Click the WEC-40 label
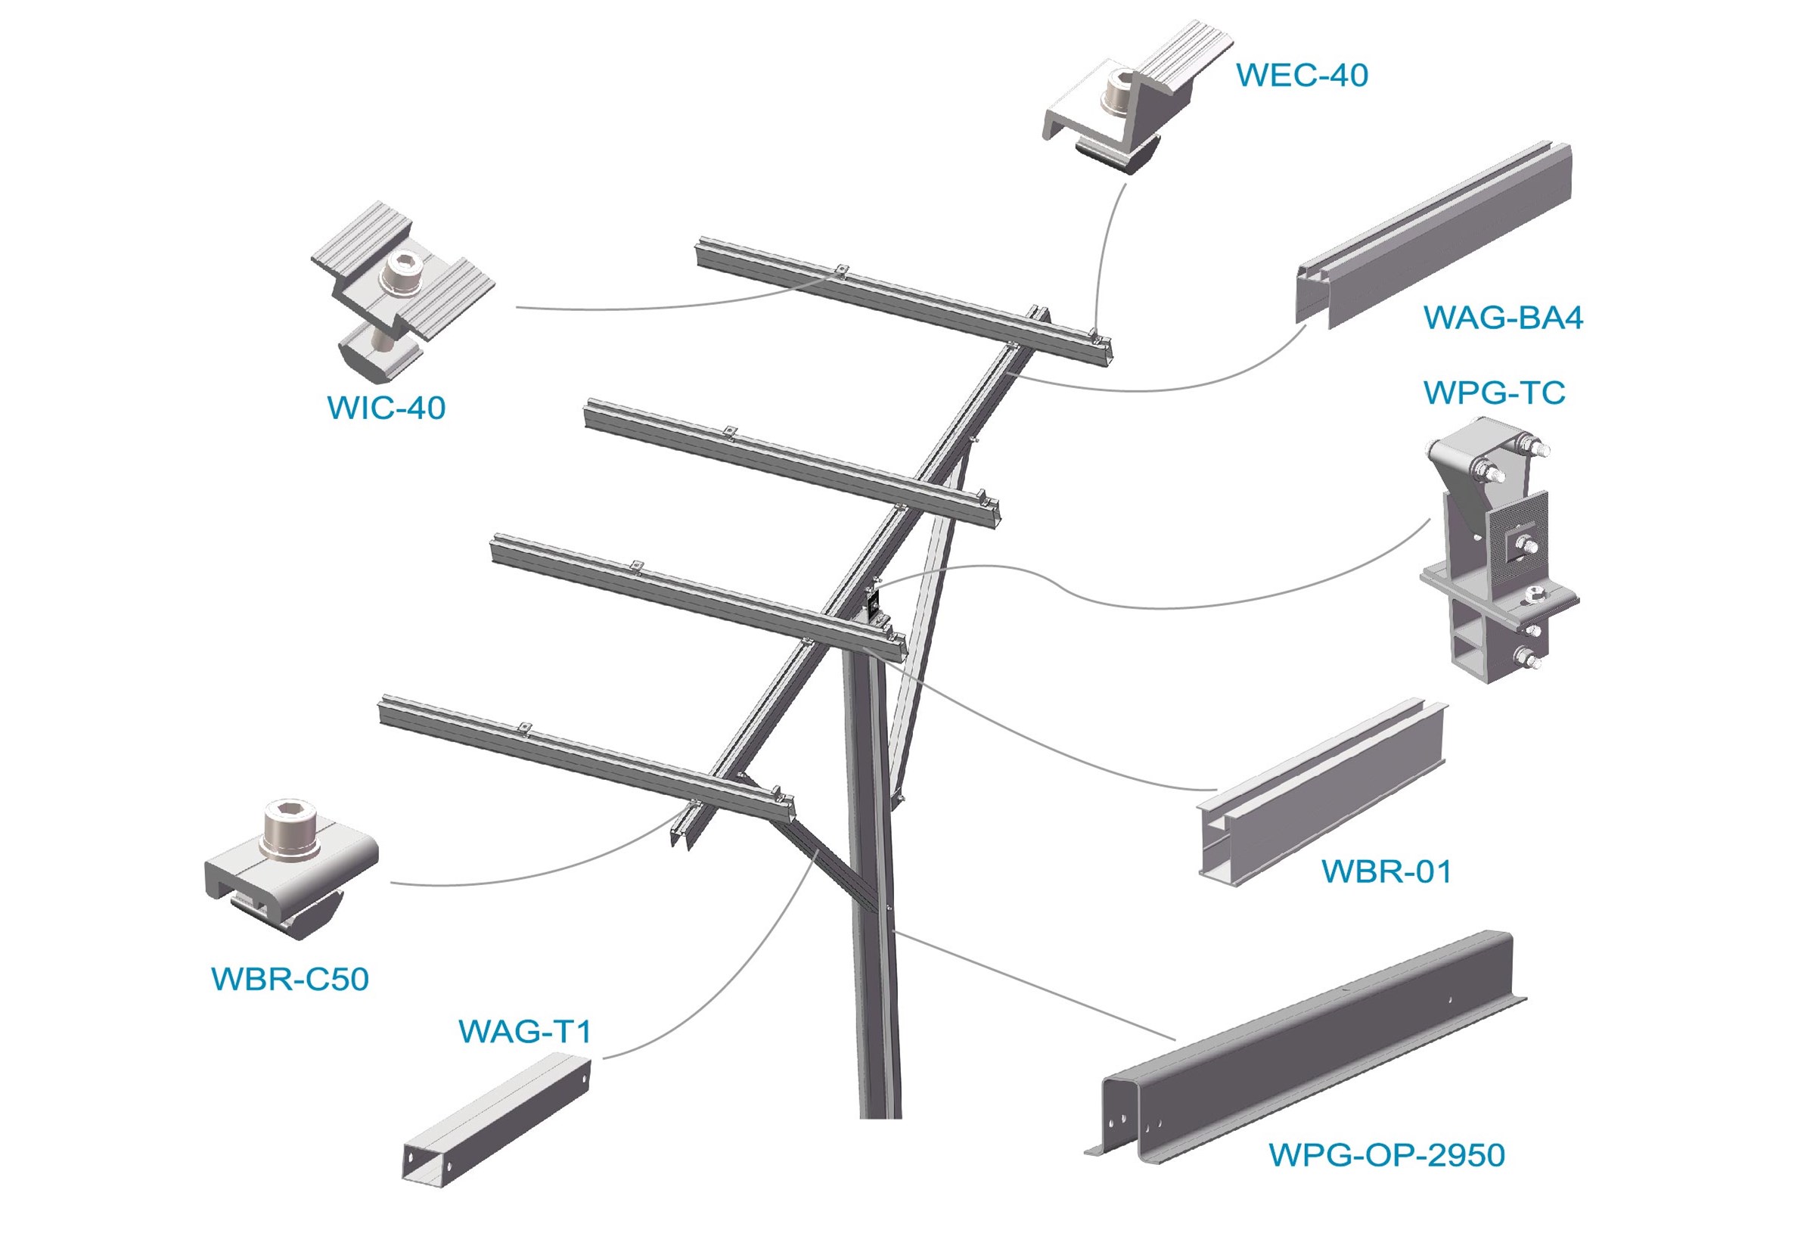1302,76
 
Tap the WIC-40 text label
386,408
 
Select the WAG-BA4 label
1503,318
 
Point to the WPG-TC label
1494,393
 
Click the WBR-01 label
1386,871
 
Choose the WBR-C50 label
290,979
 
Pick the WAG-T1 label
525,1031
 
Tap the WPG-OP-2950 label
1386,1155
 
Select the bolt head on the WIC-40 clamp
403,273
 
